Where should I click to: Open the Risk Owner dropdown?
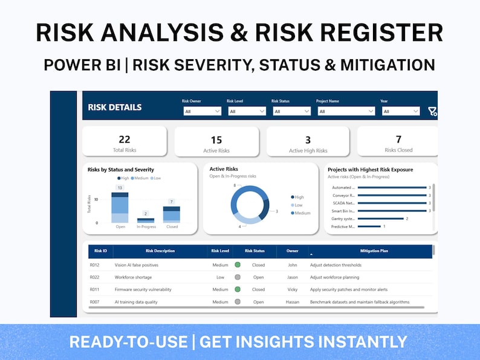[x=202, y=111]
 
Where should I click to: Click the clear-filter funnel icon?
[x=432, y=111]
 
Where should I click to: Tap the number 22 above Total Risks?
[x=125, y=140]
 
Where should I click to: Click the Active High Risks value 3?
[x=308, y=140]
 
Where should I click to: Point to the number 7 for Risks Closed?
[x=398, y=140]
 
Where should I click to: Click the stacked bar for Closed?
[x=172, y=214]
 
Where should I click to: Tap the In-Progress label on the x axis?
[x=146, y=227]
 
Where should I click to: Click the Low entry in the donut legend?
[x=299, y=205]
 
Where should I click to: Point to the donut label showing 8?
[x=234, y=185]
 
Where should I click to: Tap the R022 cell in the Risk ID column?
[x=96, y=277]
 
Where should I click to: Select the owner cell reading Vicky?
[x=293, y=290]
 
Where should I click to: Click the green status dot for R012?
[x=238, y=265]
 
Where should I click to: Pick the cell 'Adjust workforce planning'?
[x=334, y=277]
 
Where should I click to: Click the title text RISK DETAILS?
[x=115, y=108]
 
